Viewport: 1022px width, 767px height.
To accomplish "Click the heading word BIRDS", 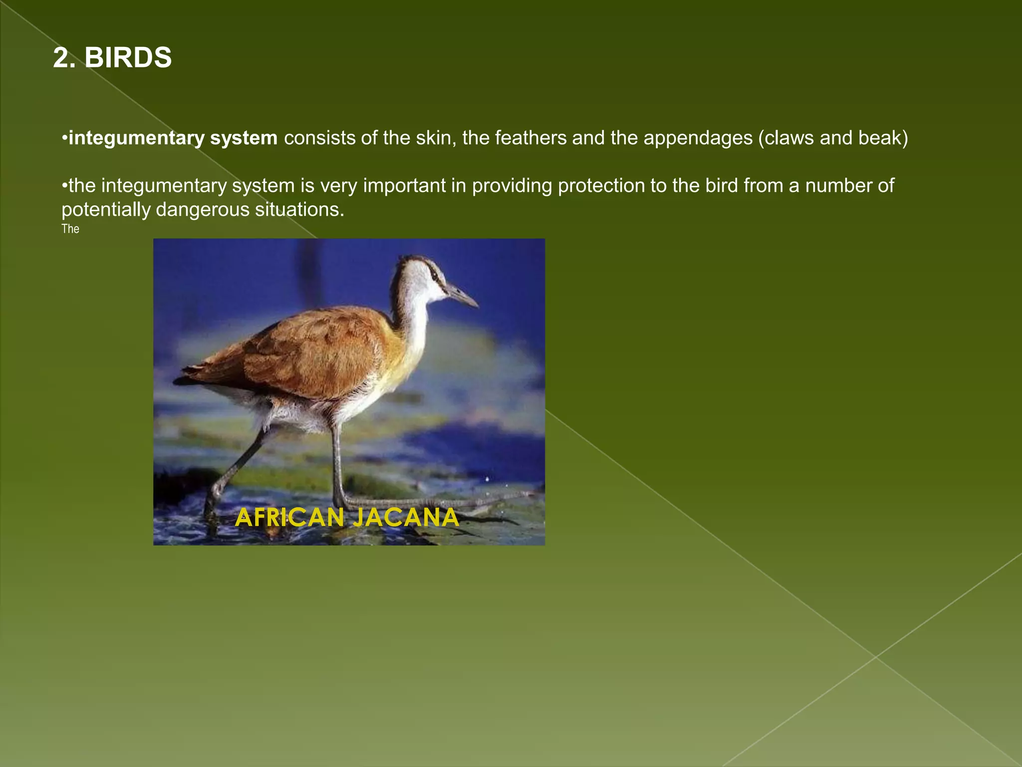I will click(128, 58).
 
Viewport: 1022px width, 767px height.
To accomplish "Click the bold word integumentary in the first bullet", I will click(136, 138).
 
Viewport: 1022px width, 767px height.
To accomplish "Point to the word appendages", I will click(698, 138).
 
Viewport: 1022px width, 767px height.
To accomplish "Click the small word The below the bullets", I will click(70, 229).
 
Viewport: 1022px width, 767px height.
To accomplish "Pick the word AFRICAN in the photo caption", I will click(289, 517).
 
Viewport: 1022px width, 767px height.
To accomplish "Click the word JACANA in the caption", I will click(405, 517).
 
